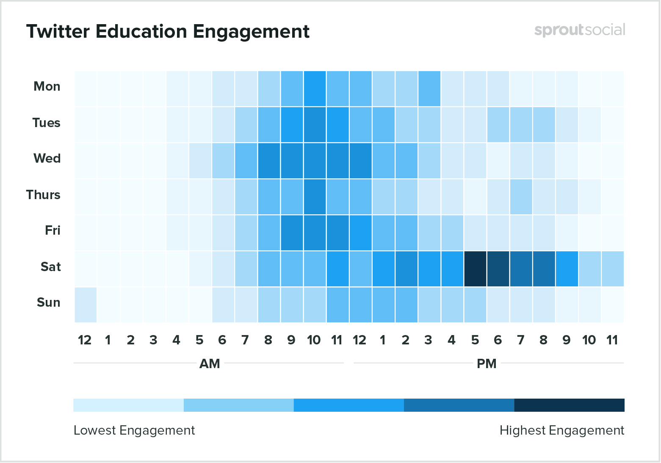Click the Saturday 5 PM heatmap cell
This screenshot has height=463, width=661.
475,269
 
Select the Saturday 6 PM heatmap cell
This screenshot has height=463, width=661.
498,269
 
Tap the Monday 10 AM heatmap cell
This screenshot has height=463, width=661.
315,89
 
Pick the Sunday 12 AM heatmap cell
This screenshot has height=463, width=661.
86,305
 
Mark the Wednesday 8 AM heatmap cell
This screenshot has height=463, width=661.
269,161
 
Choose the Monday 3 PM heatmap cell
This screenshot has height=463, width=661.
429,89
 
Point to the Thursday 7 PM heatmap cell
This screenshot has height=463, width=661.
521,197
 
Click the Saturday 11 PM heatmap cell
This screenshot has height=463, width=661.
612,269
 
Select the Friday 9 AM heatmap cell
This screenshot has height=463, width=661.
292,233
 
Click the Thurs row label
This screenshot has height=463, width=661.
43,195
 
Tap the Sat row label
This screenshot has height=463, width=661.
51,267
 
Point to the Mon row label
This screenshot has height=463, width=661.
47,86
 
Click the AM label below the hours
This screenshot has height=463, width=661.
210,364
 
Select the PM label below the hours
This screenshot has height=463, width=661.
487,364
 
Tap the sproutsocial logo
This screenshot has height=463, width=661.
579,30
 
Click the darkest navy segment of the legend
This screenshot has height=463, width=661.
569,405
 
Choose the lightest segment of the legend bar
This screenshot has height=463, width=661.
128,405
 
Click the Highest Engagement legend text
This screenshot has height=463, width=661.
561,430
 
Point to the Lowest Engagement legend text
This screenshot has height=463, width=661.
134,430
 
